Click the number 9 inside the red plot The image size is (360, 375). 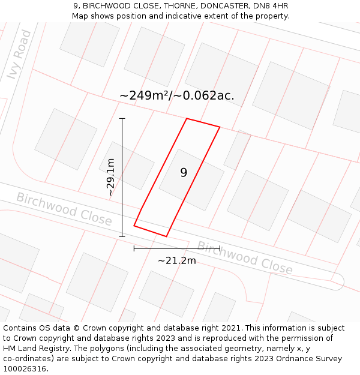(184, 173)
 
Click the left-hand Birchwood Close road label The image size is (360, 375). (64, 209)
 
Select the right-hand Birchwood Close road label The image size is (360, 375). (245, 257)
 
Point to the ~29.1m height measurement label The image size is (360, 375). (110, 177)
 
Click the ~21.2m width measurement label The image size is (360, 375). (177, 261)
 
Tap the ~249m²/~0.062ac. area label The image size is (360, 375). (177, 95)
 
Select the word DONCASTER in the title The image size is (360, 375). (218, 6)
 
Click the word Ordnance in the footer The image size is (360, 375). (292, 359)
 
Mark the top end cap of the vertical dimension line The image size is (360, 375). (122, 119)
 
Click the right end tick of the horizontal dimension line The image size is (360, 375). (220, 248)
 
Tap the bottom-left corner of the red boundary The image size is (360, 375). (134, 226)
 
